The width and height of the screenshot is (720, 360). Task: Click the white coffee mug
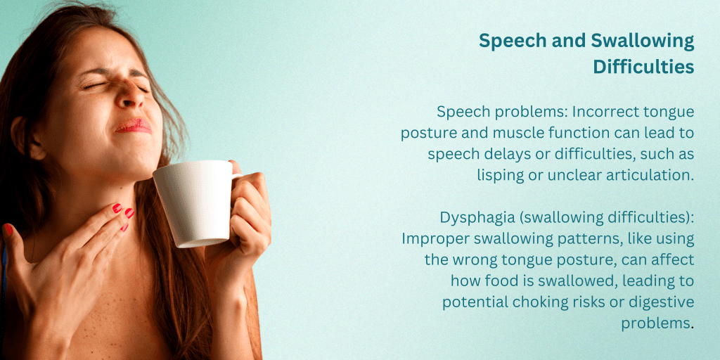click(195, 202)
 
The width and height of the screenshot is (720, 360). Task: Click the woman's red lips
click(134, 126)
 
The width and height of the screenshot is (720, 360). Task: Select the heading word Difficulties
click(643, 67)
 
